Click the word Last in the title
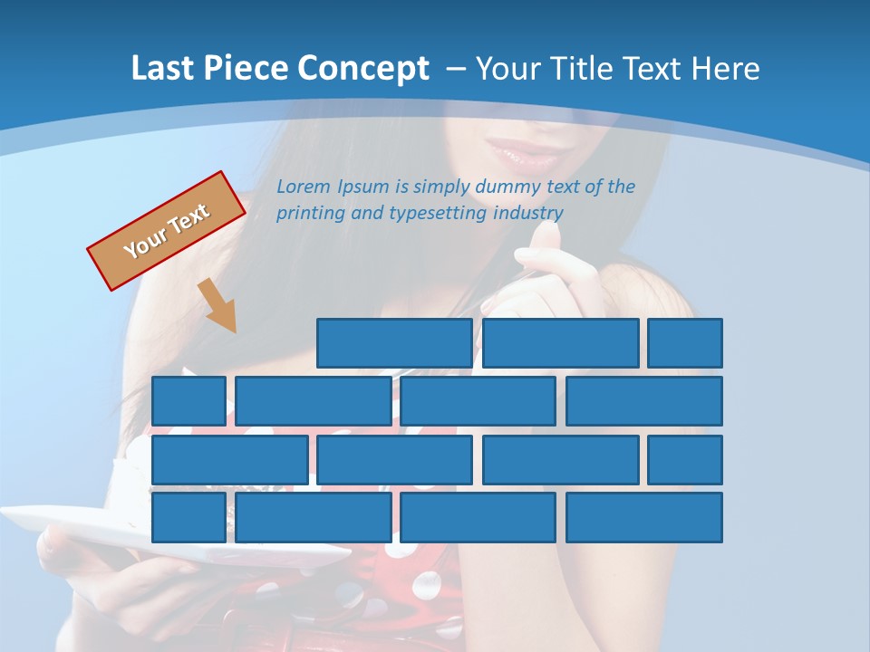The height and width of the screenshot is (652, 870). pos(160,69)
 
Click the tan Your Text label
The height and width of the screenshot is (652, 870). pos(167,231)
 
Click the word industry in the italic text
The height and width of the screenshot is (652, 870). pos(528,214)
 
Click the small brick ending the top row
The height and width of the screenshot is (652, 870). pos(685,343)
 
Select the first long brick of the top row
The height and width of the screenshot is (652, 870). pos(394,343)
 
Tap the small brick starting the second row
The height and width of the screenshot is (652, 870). pos(188,401)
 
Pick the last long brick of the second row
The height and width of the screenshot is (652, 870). pos(644,401)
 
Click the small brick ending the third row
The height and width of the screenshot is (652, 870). pos(685,459)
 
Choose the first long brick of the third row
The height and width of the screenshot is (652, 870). pos(229,459)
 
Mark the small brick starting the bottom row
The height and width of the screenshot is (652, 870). pos(188,517)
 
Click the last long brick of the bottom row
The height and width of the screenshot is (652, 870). pos(644,517)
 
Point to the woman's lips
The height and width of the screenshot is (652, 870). pos(526,150)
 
